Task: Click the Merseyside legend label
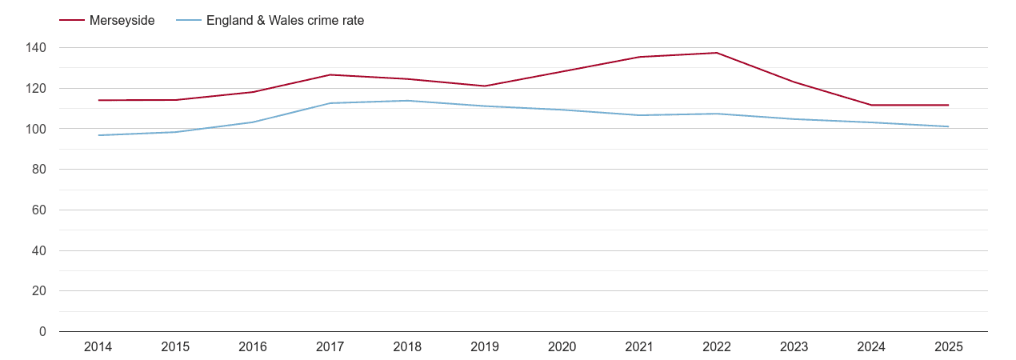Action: pyautogui.click(x=122, y=21)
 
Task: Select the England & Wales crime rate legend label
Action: pyautogui.click(x=285, y=21)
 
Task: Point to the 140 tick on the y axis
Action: pyautogui.click(x=36, y=48)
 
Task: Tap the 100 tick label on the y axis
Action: pyautogui.click(x=36, y=129)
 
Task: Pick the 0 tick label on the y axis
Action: pyautogui.click(x=42, y=332)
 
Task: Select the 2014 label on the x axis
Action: pyautogui.click(x=98, y=347)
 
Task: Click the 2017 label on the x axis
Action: pyautogui.click(x=330, y=347)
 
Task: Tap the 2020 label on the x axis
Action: pyautogui.click(x=562, y=347)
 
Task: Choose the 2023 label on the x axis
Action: pyautogui.click(x=794, y=347)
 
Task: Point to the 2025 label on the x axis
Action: pyautogui.click(x=948, y=347)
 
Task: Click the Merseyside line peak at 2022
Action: pyautogui.click(x=716, y=53)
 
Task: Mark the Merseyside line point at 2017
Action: pyautogui.click(x=330, y=75)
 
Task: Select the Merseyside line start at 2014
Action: pyautogui.click(x=98, y=100)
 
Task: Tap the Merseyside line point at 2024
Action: pyautogui.click(x=871, y=105)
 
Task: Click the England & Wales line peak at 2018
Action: pyautogui.click(x=407, y=101)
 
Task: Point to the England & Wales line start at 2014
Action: pyautogui.click(x=98, y=135)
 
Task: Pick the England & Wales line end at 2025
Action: pyautogui.click(x=948, y=126)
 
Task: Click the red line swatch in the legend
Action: pyautogui.click(x=72, y=21)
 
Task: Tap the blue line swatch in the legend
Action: pyautogui.click(x=189, y=21)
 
